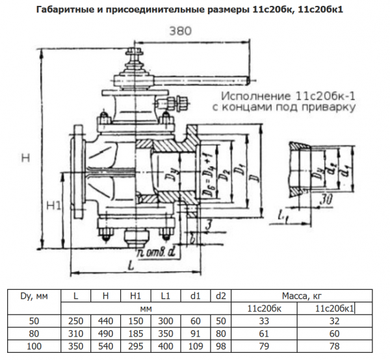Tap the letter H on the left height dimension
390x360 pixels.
[x=25, y=157]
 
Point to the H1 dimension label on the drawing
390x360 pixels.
[x=55, y=206]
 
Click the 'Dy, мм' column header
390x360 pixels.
[x=32, y=296]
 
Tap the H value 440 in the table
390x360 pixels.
[x=106, y=320]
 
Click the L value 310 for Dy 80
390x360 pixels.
[x=76, y=333]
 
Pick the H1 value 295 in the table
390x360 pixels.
[x=135, y=346]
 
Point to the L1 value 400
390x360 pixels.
[x=166, y=346]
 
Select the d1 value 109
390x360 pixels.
[x=195, y=346]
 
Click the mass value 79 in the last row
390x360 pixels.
[x=265, y=346]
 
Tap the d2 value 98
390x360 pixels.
[x=221, y=346]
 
